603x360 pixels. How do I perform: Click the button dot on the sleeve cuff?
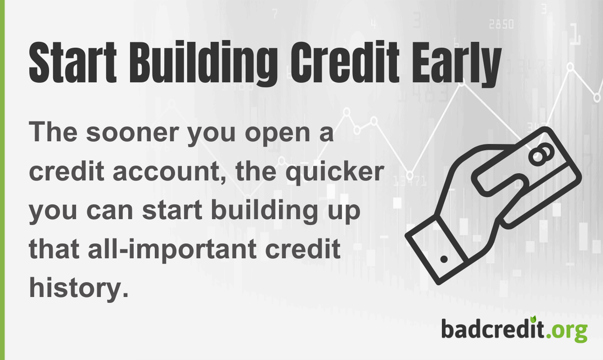pyautogui.click(x=444, y=260)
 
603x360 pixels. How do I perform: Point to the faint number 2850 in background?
pyautogui.click(x=500, y=24)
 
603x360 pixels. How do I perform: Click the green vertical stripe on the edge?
pyautogui.click(x=2, y=180)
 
